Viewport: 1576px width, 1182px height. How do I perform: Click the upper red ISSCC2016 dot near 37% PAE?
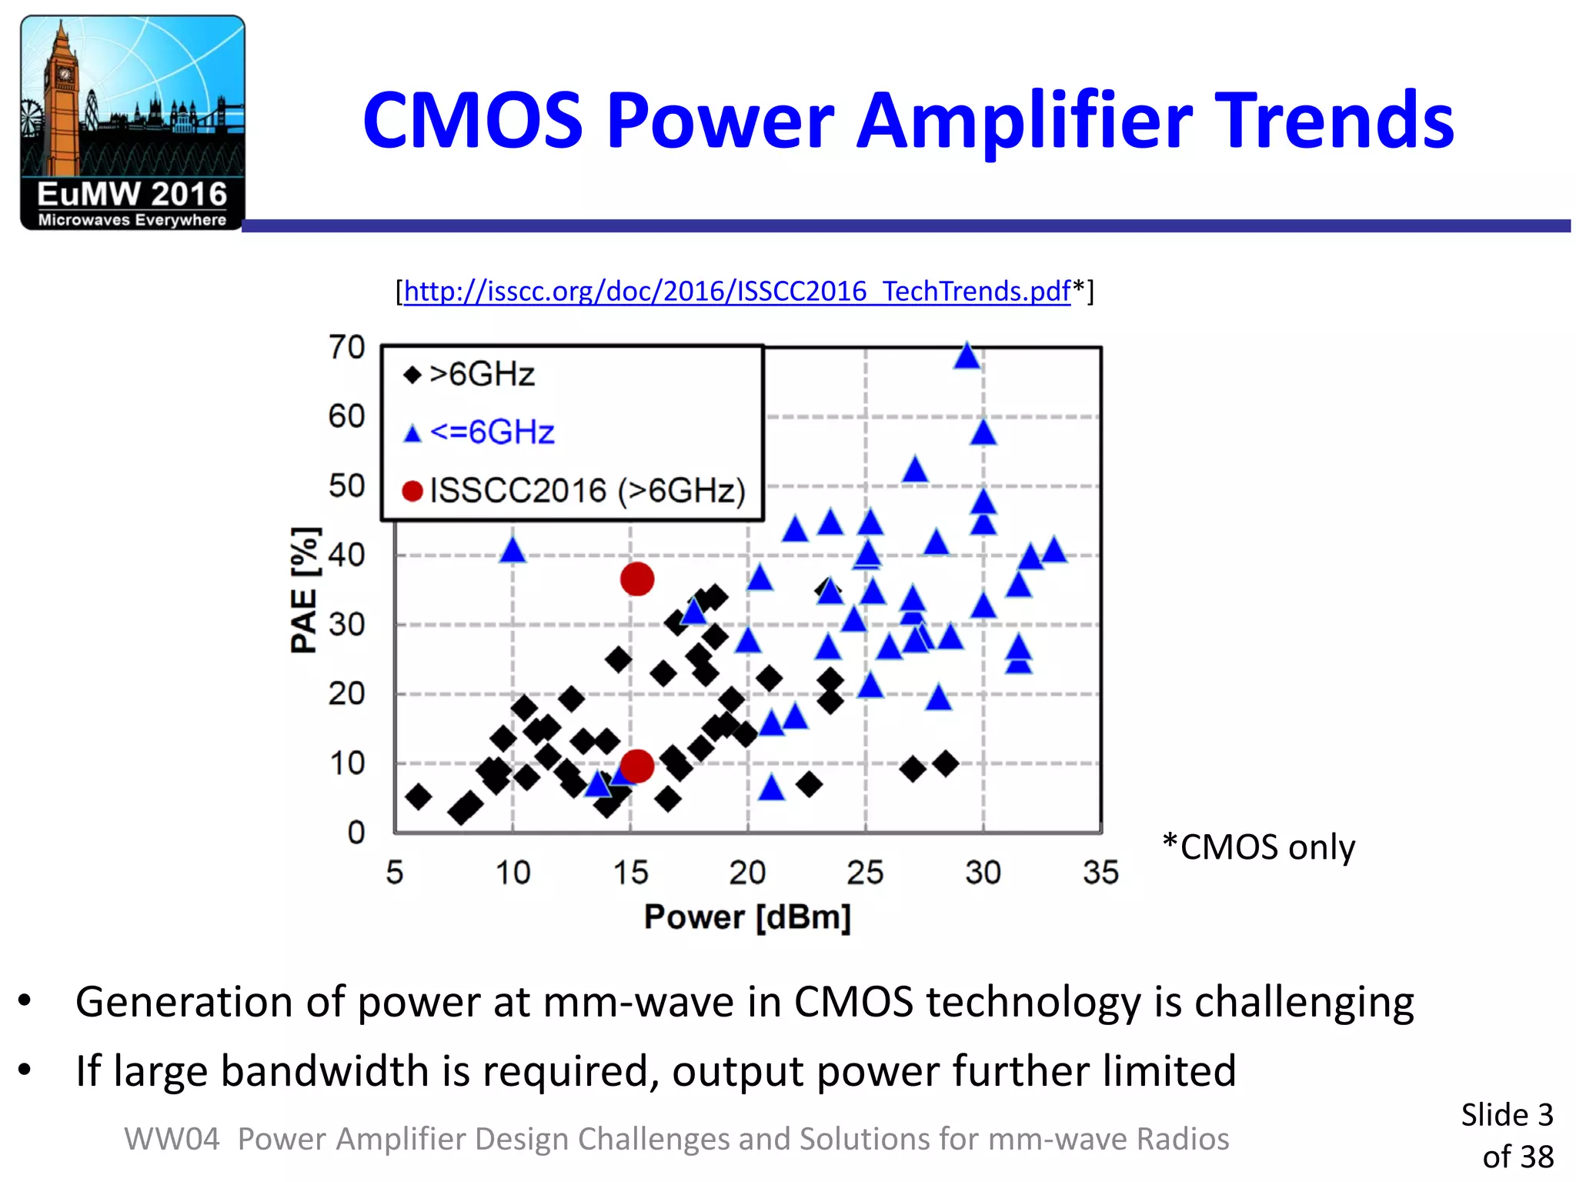tap(637, 579)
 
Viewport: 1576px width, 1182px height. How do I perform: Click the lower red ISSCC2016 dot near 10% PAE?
tap(637, 766)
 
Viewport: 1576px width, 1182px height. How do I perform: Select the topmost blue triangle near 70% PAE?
tap(967, 356)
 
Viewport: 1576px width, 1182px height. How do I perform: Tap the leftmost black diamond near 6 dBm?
tap(418, 796)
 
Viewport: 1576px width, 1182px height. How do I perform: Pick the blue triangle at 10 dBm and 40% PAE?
tap(513, 551)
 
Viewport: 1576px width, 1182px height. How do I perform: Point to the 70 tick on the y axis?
tap(346, 347)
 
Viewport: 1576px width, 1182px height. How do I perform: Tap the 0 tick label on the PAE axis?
tap(356, 833)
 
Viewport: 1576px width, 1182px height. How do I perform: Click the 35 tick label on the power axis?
tap(1100, 873)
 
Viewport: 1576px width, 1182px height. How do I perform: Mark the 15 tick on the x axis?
tap(630, 873)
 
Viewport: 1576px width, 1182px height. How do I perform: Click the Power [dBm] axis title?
tap(747, 917)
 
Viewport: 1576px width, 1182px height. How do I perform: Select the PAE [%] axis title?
tap(304, 591)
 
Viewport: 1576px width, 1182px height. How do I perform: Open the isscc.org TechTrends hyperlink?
tap(736, 292)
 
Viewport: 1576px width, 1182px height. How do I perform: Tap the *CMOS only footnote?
tap(1259, 847)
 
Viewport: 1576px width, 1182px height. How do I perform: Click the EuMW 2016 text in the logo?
tap(132, 195)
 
